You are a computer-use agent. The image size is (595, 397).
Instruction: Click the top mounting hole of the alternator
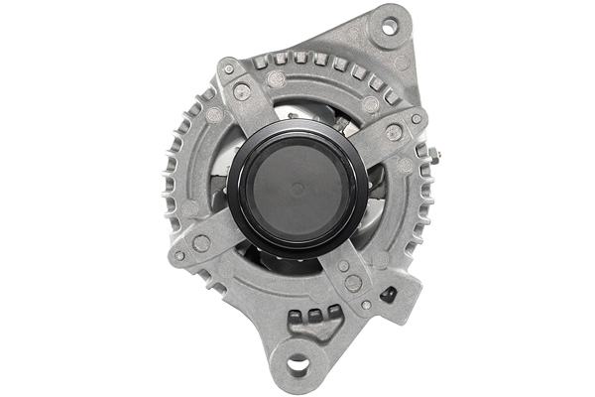point(389,24)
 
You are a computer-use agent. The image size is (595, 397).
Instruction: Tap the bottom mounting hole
point(297,367)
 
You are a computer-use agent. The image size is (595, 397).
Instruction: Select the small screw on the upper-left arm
point(229,69)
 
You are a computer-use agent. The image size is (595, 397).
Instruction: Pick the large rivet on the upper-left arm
point(242,92)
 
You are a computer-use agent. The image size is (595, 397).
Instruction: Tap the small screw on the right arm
point(416,119)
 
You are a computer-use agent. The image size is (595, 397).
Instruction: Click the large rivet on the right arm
point(394,132)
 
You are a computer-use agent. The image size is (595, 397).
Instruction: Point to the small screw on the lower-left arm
point(179,255)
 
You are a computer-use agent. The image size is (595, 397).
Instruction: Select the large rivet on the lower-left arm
point(201,242)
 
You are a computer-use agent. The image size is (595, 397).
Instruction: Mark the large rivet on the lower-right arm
point(353,283)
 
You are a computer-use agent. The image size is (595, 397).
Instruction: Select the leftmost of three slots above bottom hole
point(297,319)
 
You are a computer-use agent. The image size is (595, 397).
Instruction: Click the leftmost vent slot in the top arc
point(261,62)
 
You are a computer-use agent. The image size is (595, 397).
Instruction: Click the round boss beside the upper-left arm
point(277,79)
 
